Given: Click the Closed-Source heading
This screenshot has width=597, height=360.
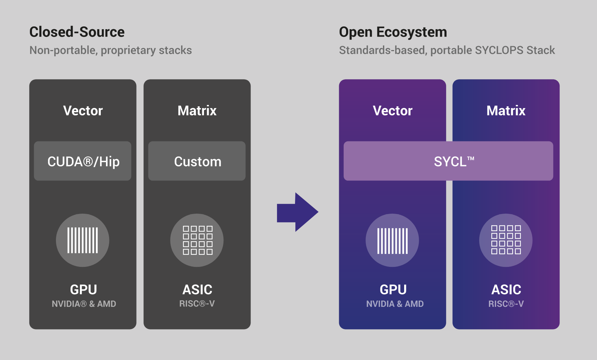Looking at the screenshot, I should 77,32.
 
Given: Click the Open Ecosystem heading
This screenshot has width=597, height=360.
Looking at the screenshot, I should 393,32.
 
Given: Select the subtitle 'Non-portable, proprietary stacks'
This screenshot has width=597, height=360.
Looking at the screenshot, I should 111,50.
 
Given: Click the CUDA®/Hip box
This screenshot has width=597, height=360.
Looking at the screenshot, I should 83,161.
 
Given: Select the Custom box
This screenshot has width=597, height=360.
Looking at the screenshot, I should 197,161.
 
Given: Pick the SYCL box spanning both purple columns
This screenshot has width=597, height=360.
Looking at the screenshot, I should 448,161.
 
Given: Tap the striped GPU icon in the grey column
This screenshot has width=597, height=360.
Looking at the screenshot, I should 83,240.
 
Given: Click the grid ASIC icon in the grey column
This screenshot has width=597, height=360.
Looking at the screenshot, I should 197,240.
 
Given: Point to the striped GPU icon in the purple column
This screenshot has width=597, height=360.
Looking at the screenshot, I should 392,240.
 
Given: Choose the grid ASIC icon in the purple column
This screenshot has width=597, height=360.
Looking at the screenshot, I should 506,240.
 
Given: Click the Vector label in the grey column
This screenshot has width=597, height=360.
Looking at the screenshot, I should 83,111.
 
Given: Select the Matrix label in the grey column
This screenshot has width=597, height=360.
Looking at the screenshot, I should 197,111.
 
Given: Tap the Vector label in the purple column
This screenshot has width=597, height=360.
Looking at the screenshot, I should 393,111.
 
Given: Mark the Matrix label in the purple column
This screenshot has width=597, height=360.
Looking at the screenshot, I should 506,111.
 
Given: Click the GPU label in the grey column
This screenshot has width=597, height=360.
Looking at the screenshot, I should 83,289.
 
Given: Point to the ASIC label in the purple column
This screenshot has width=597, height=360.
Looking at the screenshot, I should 506,289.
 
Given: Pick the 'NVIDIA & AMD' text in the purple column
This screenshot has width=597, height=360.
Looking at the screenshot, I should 395,304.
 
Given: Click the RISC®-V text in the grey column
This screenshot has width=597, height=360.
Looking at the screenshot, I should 197,304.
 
